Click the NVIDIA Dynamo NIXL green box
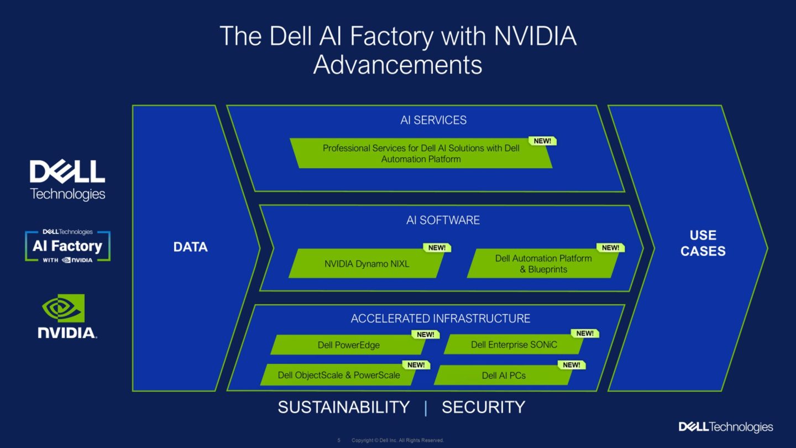click(x=366, y=264)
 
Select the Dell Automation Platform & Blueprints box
click(x=543, y=264)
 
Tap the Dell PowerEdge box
click(x=348, y=345)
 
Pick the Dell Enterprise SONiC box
click(x=514, y=345)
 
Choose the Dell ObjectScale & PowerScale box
click(x=338, y=375)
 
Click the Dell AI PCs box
click(x=503, y=376)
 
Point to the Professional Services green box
click(x=421, y=153)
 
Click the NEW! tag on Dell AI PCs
click(x=572, y=365)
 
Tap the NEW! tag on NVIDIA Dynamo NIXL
click(x=437, y=248)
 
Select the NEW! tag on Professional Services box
click(x=542, y=141)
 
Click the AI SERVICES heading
click(x=433, y=120)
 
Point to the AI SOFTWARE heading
click(x=443, y=220)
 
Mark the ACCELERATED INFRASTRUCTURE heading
click(x=440, y=319)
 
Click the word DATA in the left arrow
click(x=190, y=247)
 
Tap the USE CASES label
click(x=703, y=243)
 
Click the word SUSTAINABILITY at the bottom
click(x=343, y=408)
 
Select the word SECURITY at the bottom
click(x=483, y=408)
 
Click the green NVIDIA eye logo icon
click(x=64, y=308)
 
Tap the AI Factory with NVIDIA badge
click(x=67, y=247)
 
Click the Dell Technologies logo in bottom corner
click(x=725, y=427)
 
